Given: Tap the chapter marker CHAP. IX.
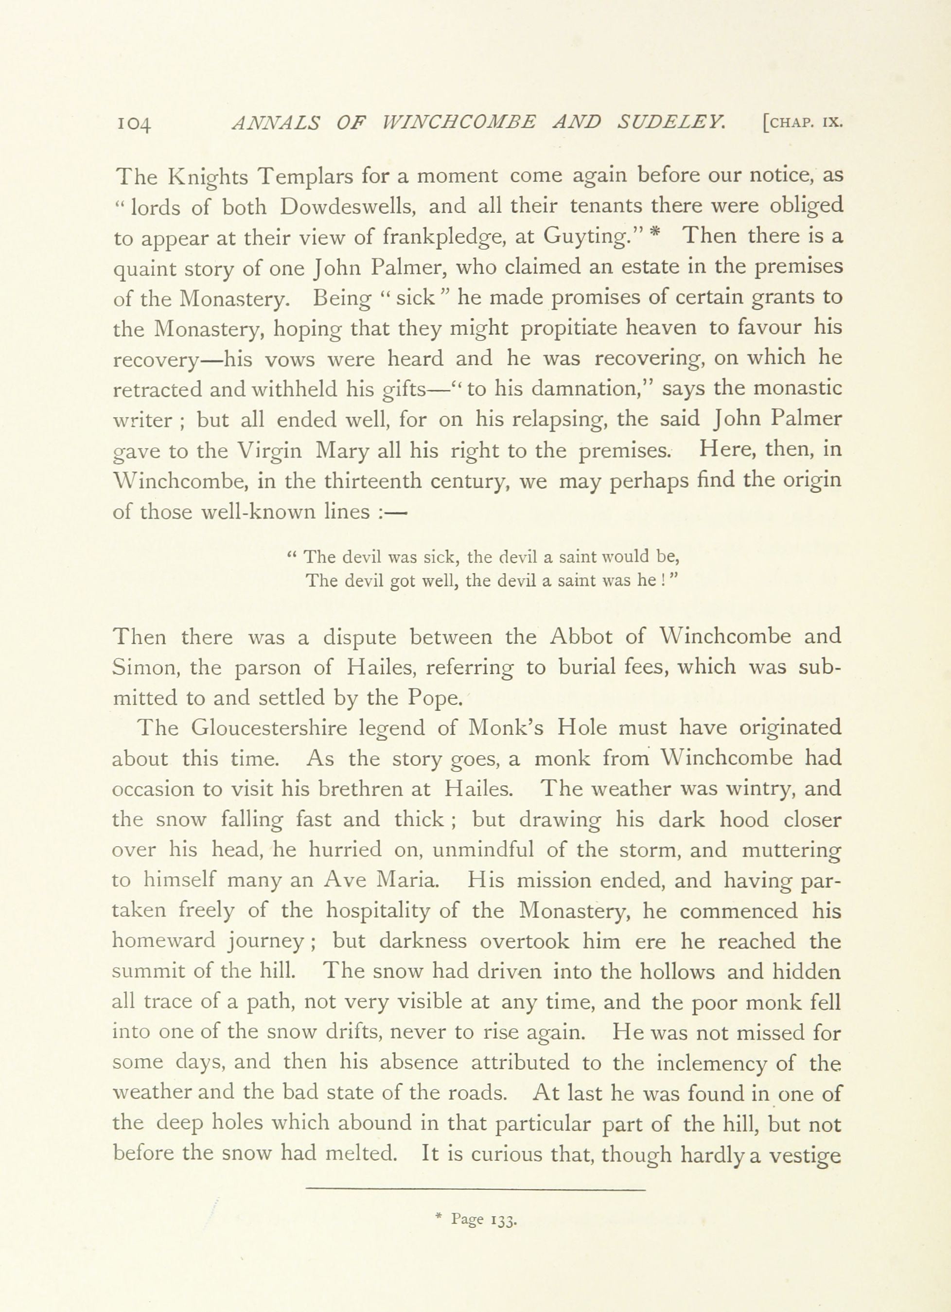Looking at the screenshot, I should [x=802, y=123].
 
